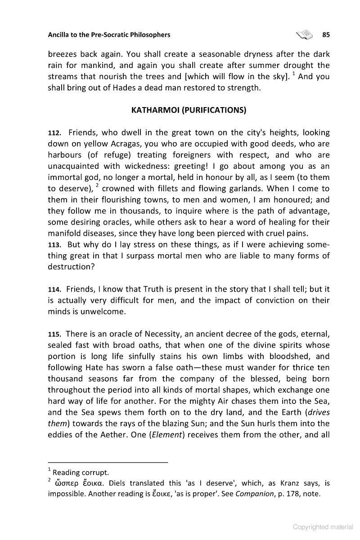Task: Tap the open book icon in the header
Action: [x=304, y=34]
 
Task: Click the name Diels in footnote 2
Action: [x=119, y=483]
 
